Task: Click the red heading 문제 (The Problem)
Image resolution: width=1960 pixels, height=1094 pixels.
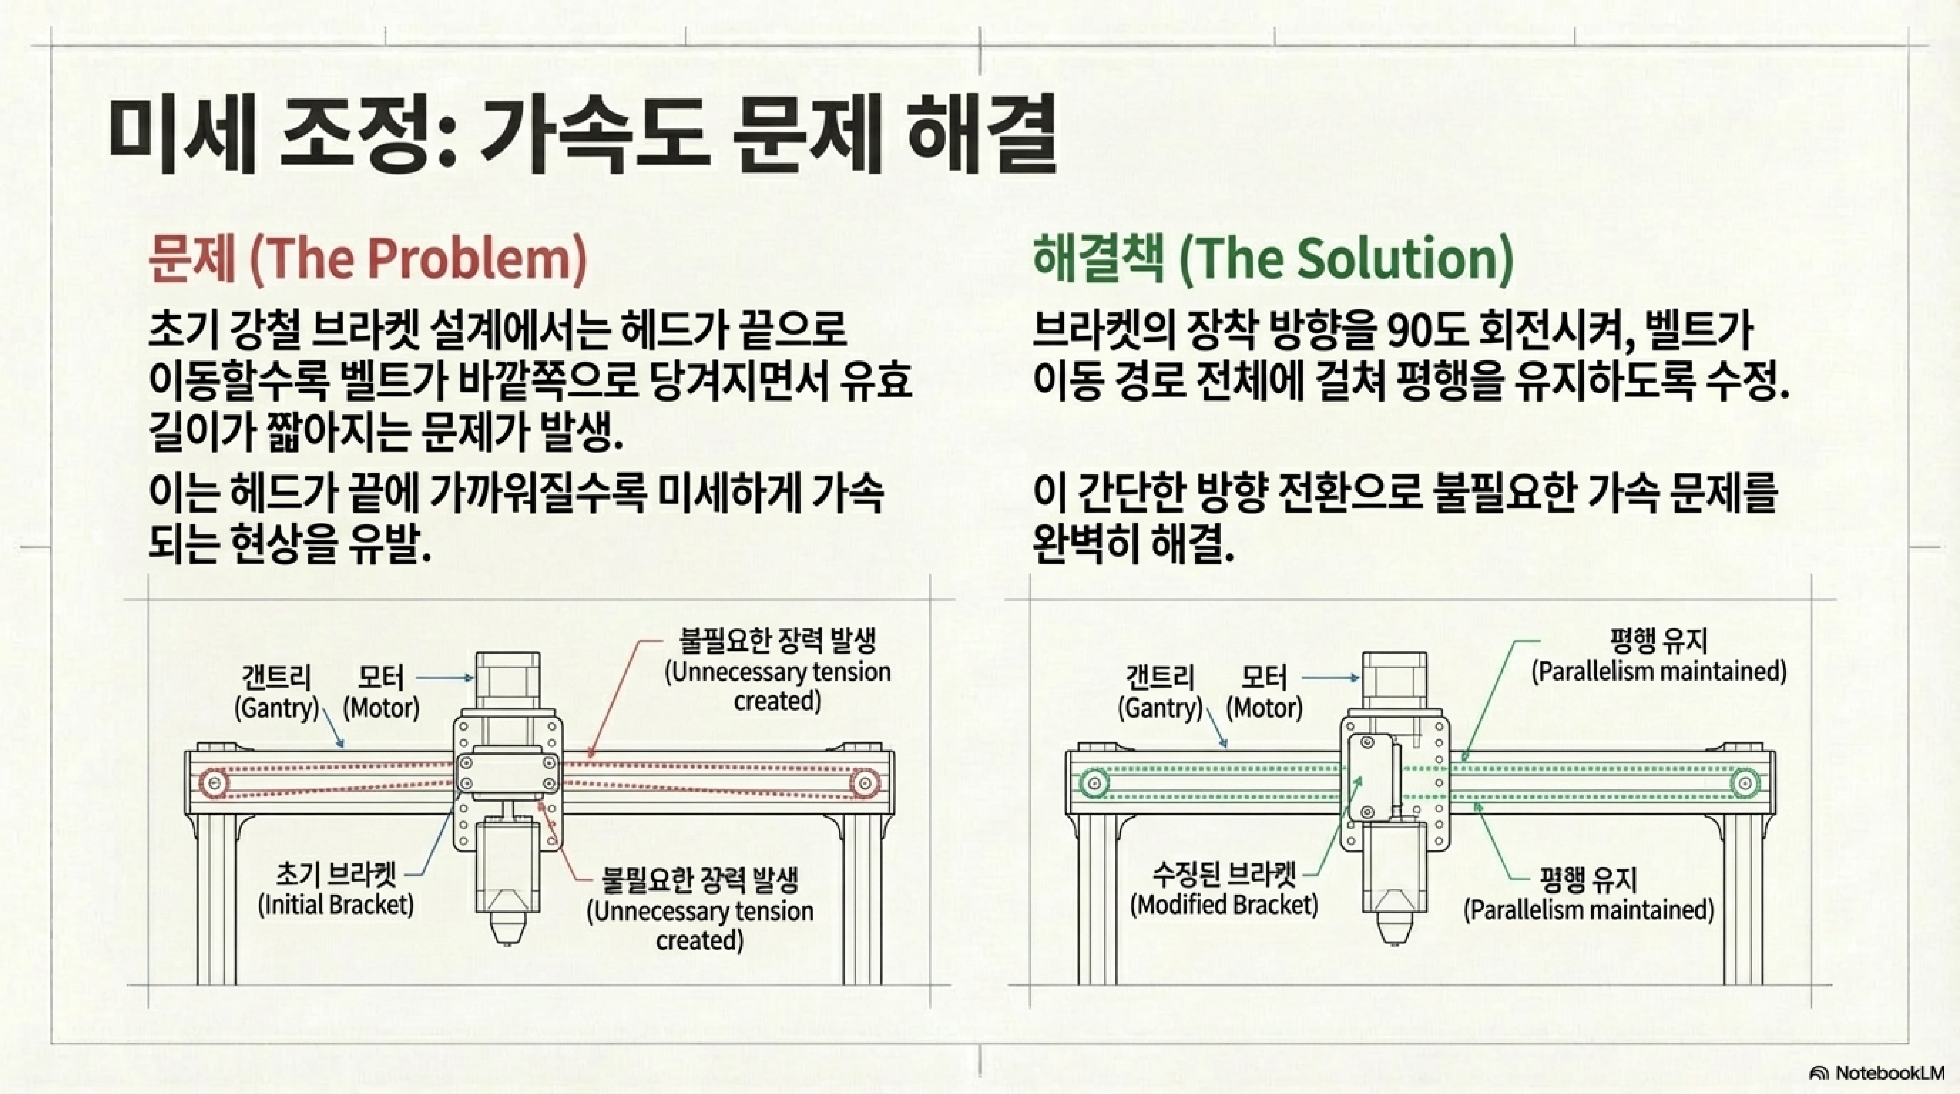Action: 368,259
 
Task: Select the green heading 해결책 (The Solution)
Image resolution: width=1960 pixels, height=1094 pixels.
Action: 1272,259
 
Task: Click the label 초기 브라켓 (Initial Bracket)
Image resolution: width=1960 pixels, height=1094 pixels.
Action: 336,890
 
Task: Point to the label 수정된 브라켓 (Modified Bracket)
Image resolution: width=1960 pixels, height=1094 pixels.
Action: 1224,890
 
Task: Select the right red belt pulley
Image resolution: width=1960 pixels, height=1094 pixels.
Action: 864,782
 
